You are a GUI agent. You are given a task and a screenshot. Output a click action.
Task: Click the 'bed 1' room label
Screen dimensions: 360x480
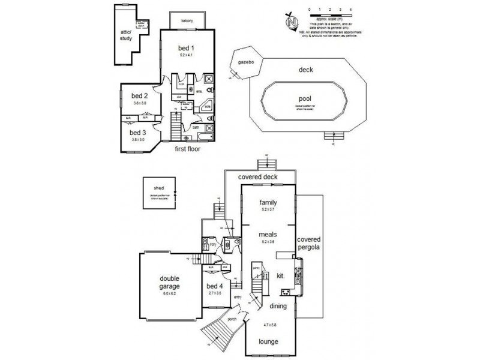(186, 47)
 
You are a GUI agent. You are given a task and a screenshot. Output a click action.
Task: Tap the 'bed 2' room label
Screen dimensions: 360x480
(139, 96)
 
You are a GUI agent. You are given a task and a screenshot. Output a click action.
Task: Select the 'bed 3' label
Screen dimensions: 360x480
(139, 133)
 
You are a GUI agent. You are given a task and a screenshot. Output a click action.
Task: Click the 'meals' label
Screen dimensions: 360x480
(268, 235)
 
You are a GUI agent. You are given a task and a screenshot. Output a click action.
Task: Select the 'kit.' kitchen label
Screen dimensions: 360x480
(280, 276)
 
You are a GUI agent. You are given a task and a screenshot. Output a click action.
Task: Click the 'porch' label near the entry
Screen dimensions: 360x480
(232, 319)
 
